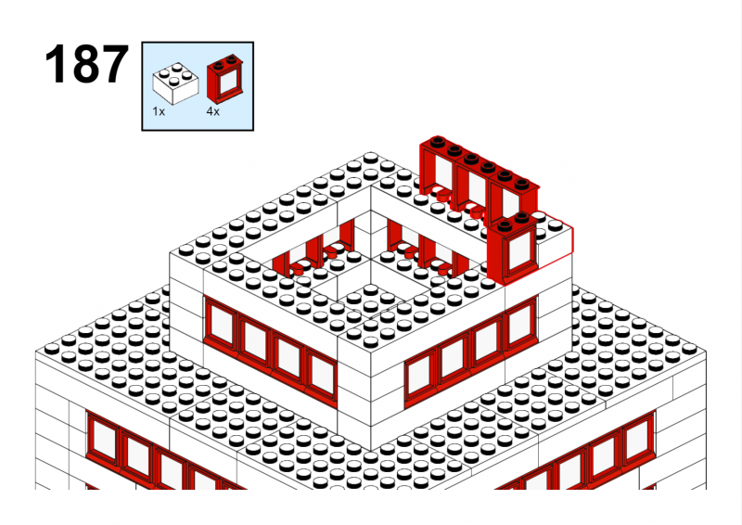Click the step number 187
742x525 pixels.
(86, 64)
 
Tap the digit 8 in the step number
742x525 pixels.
(86, 64)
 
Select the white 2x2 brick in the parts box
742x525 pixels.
(175, 83)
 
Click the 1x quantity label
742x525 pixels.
(159, 111)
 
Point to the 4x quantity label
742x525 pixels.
(213, 111)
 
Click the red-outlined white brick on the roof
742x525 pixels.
(554, 241)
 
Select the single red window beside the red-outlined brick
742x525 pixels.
(513, 249)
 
